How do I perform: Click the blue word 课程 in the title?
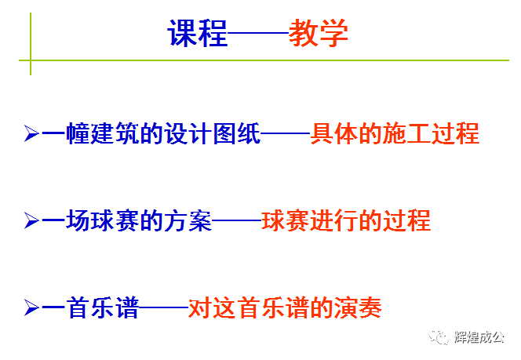pos(198,34)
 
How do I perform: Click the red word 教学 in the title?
pos(318,34)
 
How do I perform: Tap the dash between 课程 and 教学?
pos(258,35)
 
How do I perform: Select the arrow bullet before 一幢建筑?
pos(31,133)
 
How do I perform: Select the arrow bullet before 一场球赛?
pos(31,221)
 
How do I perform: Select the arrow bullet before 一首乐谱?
pos(31,309)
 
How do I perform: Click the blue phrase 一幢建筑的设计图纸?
pos(150,133)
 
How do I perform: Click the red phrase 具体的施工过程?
pos(395,133)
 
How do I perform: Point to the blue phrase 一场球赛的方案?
pos(126,221)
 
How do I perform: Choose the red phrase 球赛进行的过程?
pos(346,221)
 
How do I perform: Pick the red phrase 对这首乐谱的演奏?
pos(285,309)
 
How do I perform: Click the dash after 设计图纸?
pos(285,134)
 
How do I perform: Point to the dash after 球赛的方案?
pos(237,222)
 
